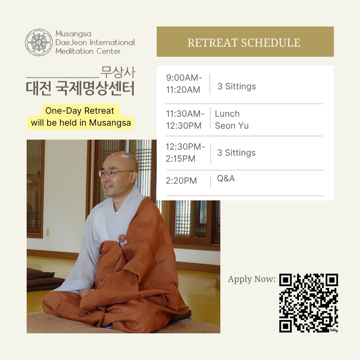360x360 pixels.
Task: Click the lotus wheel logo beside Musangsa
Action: click(x=39, y=42)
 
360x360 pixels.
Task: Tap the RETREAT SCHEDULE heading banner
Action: click(x=245, y=42)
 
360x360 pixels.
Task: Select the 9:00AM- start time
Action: click(x=184, y=78)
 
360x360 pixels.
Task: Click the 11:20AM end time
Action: click(x=183, y=90)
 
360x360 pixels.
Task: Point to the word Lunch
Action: click(x=227, y=114)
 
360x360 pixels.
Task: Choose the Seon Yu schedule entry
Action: click(x=232, y=126)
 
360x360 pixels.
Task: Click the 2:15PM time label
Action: click(x=180, y=158)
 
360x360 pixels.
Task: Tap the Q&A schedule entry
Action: click(x=226, y=178)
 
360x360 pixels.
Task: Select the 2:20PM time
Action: click(x=181, y=181)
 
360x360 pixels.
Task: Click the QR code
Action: click(x=309, y=303)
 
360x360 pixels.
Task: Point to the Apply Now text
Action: click(x=252, y=279)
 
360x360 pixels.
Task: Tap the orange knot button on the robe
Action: click(x=123, y=238)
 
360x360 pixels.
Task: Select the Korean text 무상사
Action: click(x=118, y=72)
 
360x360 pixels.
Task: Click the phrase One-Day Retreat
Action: click(x=80, y=111)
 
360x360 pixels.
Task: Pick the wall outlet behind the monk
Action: click(x=48, y=232)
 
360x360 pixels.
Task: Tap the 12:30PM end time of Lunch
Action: click(x=184, y=126)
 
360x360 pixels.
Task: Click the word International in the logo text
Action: click(x=112, y=42)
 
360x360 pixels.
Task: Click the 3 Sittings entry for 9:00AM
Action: click(x=236, y=86)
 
